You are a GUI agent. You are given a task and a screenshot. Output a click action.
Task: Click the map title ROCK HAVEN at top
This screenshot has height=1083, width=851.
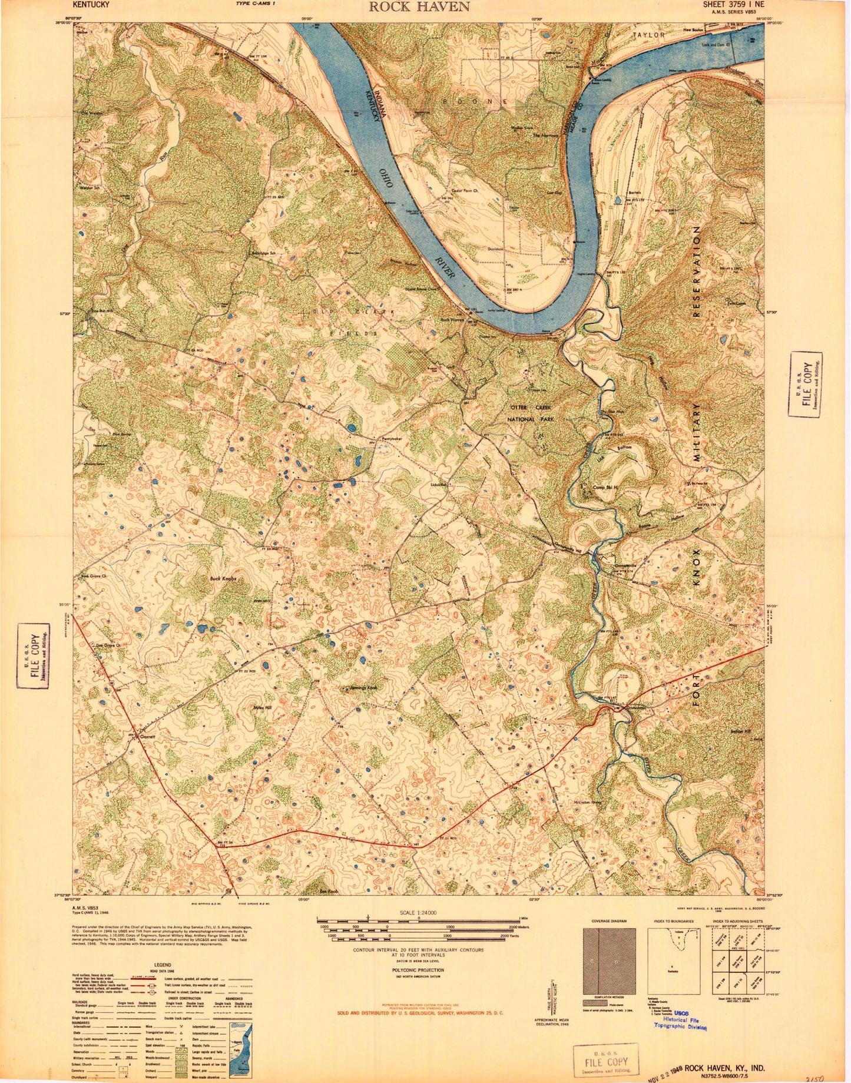[419, 6]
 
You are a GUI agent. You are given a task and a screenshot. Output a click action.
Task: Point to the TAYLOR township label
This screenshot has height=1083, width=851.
[649, 35]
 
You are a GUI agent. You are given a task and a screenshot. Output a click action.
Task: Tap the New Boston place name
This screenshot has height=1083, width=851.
[694, 29]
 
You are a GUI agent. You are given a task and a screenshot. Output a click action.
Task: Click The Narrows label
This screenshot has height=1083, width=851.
[544, 135]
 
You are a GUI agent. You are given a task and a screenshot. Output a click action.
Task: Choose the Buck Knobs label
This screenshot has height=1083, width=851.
[223, 579]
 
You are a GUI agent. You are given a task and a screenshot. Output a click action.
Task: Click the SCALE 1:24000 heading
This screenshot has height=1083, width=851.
[418, 912]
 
